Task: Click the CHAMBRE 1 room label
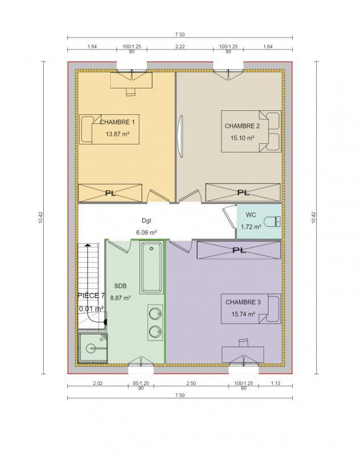pos(118,122)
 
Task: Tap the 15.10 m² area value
pos(242,138)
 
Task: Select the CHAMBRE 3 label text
pos(243,302)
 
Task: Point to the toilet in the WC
pos(275,220)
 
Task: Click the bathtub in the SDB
pos(152,267)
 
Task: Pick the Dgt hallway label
pos(147,221)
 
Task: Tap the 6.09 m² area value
pos(147,232)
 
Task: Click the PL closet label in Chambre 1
pos(110,193)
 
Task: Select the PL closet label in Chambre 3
pos(239,250)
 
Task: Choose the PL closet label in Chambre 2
pos(243,192)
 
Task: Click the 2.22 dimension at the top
pos(180,46)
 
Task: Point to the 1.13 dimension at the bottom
pos(275,384)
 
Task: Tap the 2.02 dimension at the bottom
pos(97,384)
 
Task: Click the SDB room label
pos(121,286)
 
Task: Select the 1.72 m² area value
pos(251,227)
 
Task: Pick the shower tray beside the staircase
pos(90,347)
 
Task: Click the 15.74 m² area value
pos(243,314)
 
